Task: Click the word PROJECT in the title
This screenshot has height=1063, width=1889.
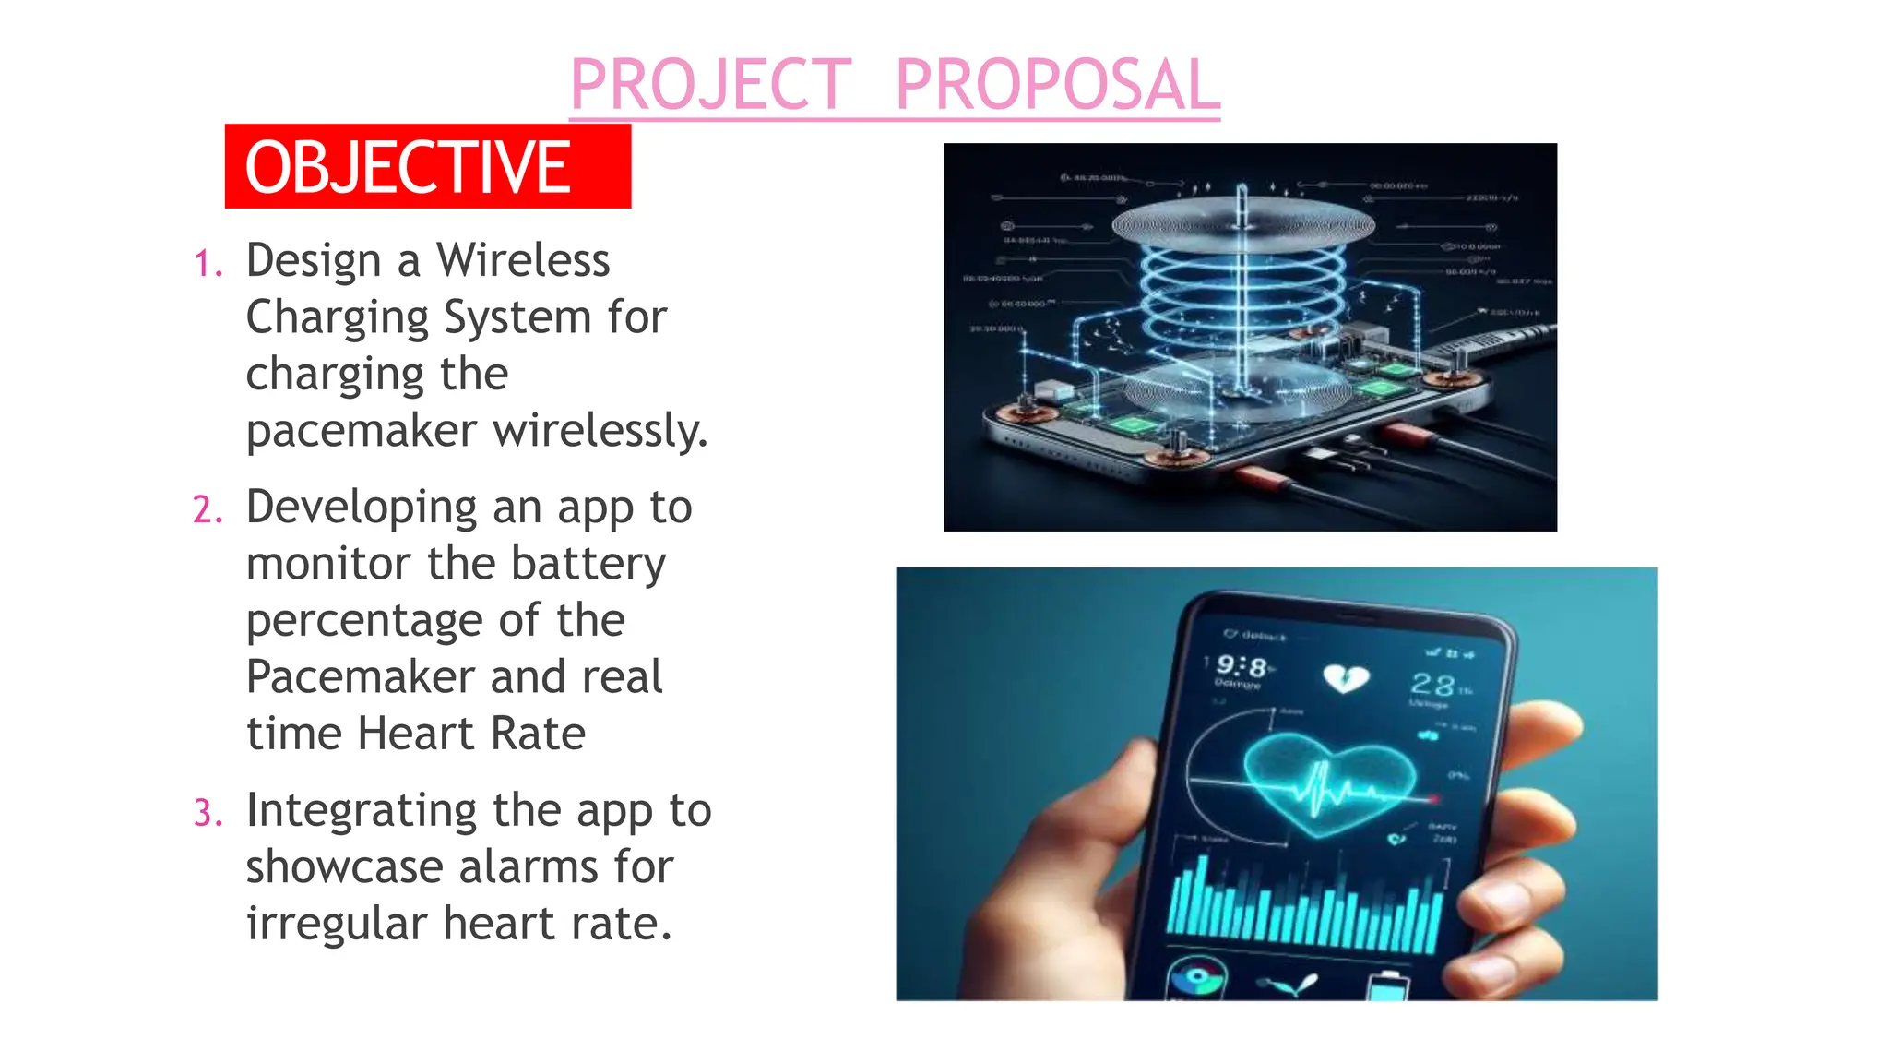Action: pyautogui.click(x=711, y=85)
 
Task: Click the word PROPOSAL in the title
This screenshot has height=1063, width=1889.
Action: pyautogui.click(x=1057, y=85)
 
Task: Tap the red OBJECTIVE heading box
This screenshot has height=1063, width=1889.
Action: pyautogui.click(x=427, y=166)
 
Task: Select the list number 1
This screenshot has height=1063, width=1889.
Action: pyautogui.click(x=208, y=265)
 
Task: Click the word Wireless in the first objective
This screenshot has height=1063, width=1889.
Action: pyautogui.click(x=523, y=260)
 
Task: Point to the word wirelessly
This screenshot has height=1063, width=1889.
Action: pyautogui.click(x=600, y=431)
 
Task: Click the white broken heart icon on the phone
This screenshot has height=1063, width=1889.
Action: pyautogui.click(x=1345, y=679)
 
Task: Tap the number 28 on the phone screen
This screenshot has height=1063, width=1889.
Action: pyautogui.click(x=1432, y=685)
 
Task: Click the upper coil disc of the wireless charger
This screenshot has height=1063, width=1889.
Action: pyautogui.click(x=1242, y=223)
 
